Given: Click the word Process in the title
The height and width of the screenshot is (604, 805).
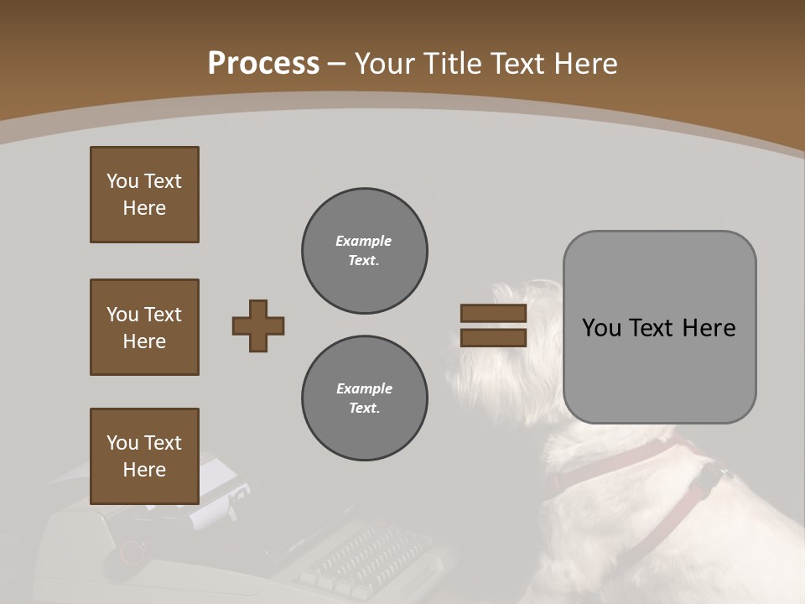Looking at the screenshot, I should tap(263, 64).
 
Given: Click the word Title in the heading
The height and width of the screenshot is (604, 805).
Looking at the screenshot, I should tap(454, 64).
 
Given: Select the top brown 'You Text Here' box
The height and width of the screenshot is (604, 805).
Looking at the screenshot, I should tap(144, 195).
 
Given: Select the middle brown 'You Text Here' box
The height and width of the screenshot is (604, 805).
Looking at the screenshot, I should tap(144, 327).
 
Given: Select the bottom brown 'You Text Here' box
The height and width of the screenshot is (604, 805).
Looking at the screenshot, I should tap(144, 456).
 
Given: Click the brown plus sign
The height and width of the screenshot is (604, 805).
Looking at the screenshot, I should tap(258, 325).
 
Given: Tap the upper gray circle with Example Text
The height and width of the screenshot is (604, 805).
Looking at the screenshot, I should tap(364, 251).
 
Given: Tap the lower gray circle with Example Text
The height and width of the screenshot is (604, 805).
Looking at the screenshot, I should tap(364, 398).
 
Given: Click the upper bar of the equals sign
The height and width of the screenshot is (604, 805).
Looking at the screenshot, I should tap(493, 314).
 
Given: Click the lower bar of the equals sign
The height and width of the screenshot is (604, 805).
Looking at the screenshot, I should tap(493, 338).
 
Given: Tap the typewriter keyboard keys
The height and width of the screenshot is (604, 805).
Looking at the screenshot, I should tap(369, 554).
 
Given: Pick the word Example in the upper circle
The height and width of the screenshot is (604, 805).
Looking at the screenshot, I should tap(364, 241).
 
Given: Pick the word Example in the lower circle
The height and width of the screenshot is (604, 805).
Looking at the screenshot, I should tap(364, 388).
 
